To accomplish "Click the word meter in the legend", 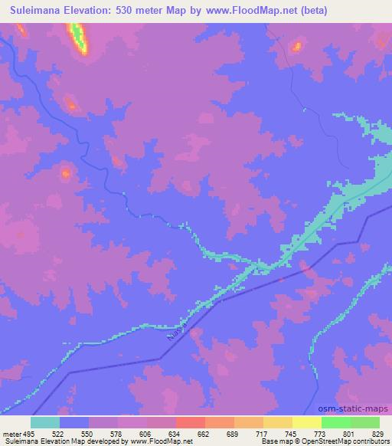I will coord(11,433).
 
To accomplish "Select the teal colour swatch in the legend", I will coord(45,422).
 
